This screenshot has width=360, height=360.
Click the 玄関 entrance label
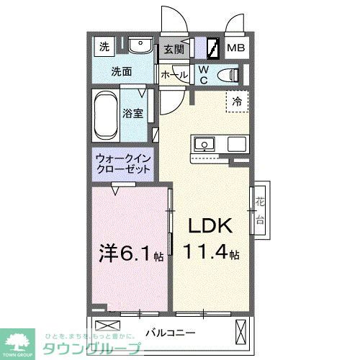(x=173, y=50)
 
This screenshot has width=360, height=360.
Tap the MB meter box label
(x=236, y=49)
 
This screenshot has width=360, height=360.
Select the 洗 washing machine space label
(x=104, y=48)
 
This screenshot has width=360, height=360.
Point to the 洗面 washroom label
(x=120, y=71)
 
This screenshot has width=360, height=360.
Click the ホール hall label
(x=174, y=75)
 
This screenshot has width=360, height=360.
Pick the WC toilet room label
(x=204, y=73)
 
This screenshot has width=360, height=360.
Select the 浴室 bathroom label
(x=132, y=113)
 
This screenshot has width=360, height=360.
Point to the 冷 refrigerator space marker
(x=237, y=102)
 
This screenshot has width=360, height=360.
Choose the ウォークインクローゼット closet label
(x=123, y=163)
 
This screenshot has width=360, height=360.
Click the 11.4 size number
(x=209, y=253)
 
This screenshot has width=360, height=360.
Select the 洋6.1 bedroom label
(x=127, y=253)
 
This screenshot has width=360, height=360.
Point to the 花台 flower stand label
(x=259, y=208)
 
